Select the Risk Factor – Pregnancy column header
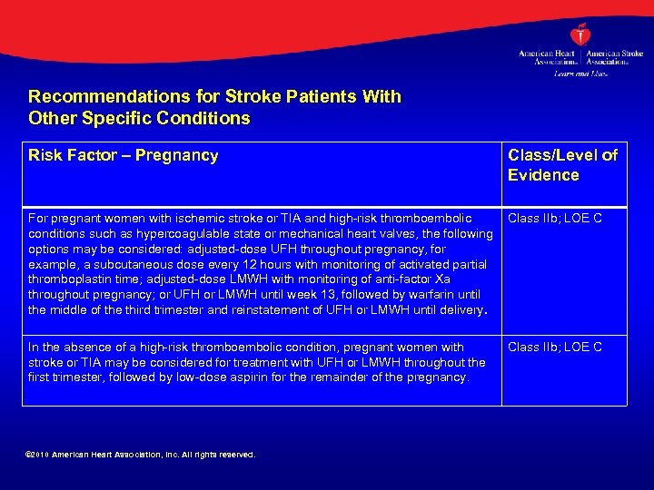coord(124,155)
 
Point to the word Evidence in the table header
coord(543,175)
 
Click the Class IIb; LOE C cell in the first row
coord(555,218)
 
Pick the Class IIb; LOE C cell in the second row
coord(555,347)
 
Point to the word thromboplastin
coord(70,279)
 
